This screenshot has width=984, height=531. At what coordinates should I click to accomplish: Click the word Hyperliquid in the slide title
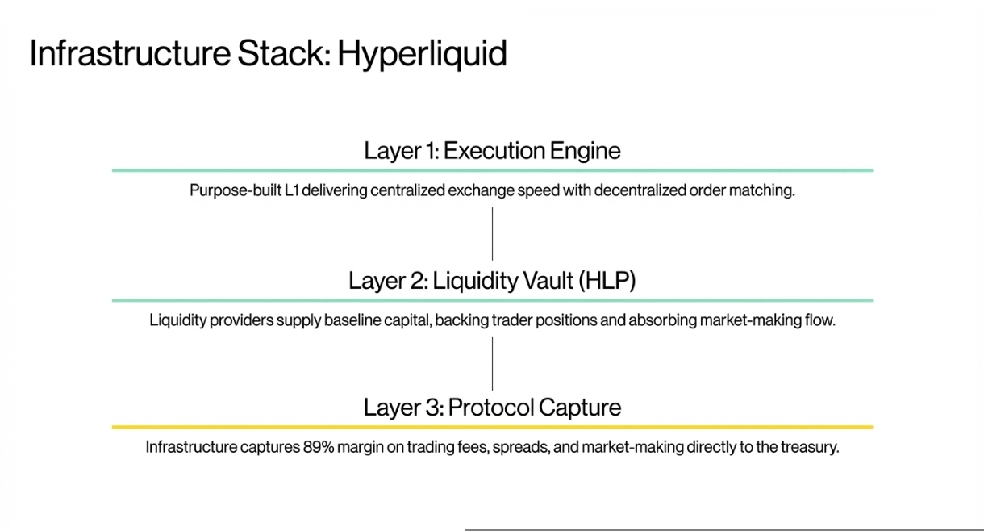click(x=422, y=53)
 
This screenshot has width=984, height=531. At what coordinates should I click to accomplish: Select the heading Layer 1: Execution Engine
click(x=492, y=150)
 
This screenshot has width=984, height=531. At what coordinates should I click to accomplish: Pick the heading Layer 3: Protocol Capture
click(x=492, y=407)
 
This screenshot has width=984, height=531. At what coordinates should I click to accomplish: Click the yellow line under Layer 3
click(x=492, y=427)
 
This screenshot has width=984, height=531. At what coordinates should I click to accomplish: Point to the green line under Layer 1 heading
click(x=492, y=170)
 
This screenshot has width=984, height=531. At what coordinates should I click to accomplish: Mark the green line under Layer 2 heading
click(x=492, y=300)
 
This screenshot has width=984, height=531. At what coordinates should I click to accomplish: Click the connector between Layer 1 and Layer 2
click(x=492, y=234)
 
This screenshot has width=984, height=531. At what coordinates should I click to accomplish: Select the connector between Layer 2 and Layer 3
click(x=492, y=363)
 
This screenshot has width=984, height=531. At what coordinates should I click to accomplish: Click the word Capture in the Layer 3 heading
click(x=579, y=407)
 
